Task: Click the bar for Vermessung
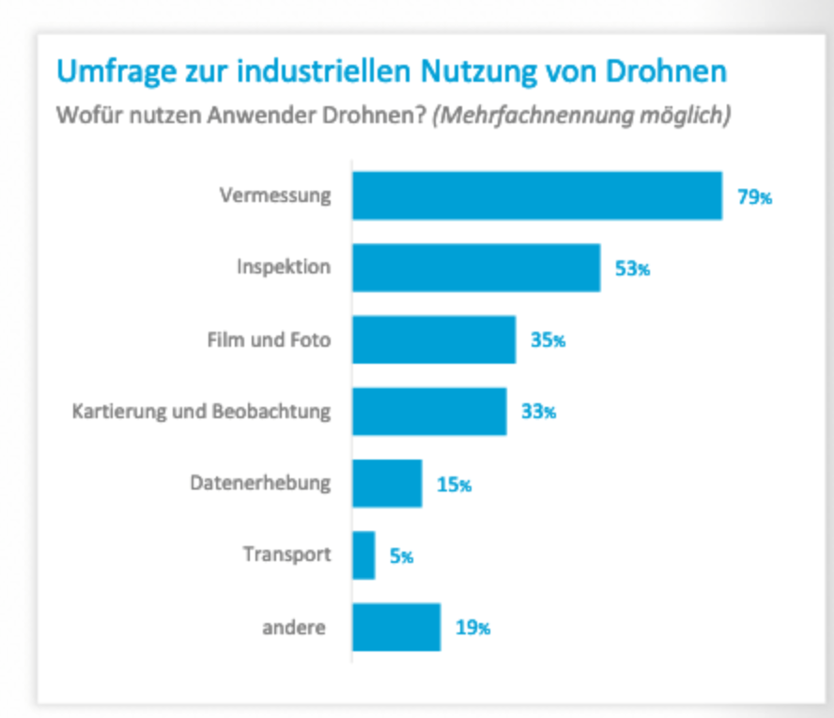537,195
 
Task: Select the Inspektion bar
476,268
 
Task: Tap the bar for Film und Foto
434,339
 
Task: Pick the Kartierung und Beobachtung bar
429,412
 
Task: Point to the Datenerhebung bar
387,484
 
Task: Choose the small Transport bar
363,555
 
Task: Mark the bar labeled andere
396,628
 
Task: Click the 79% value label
753,197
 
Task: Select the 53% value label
631,269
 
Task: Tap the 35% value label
548,340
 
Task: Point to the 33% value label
538,413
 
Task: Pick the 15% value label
454,485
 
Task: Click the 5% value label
401,556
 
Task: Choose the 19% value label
472,628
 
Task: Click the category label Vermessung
275,195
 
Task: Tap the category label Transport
286,554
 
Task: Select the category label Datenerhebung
260,483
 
